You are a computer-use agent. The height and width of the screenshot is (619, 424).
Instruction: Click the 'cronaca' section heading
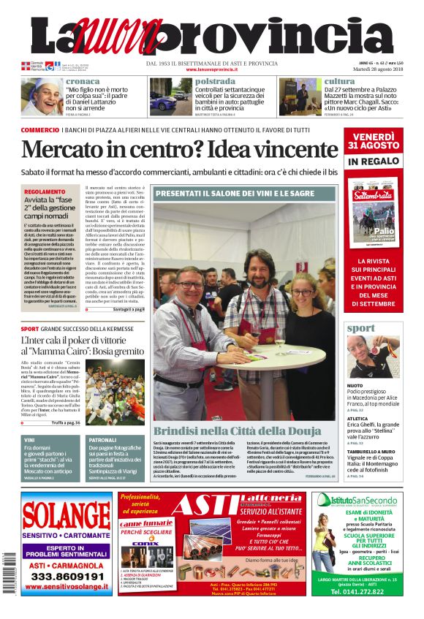tap(83, 81)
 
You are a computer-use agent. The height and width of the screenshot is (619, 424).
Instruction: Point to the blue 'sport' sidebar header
tap(361, 328)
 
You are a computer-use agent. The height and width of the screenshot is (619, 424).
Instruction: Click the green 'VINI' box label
tap(30, 440)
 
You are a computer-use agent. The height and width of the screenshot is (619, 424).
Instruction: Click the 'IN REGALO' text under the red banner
tap(373, 161)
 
